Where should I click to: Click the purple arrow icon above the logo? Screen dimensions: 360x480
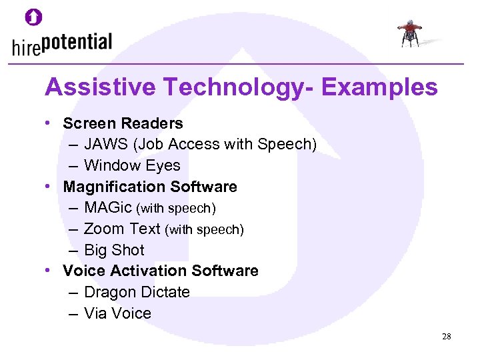(x=34, y=17)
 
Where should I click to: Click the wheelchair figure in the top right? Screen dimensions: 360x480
(x=410, y=33)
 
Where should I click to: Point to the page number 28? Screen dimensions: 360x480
(x=446, y=337)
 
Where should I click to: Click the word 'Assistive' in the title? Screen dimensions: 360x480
(x=101, y=87)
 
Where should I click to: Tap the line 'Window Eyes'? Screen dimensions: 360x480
(x=132, y=165)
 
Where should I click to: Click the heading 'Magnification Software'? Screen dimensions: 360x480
(x=150, y=187)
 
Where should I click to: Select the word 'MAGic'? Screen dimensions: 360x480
(x=108, y=208)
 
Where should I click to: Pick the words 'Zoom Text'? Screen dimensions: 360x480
(x=122, y=229)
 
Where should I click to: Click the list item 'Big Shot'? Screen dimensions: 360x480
(x=114, y=250)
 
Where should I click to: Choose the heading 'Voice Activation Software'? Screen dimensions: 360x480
(x=160, y=271)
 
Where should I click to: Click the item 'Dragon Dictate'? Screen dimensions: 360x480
(x=137, y=292)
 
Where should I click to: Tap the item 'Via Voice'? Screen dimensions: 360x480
(x=117, y=313)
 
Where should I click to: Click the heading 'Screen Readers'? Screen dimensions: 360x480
(x=123, y=123)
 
